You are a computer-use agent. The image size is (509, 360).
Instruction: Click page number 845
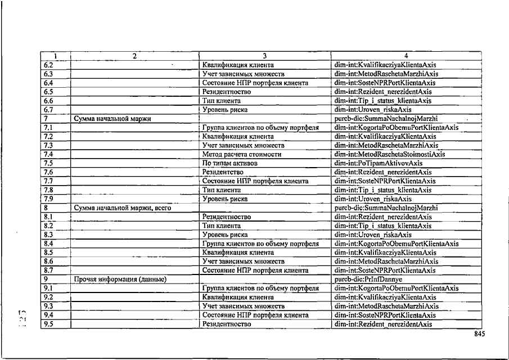[x=479, y=334]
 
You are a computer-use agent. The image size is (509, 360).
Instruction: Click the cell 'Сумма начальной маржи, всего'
[x=123, y=208]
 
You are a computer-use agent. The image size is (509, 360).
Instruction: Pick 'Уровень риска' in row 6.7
[x=225, y=110]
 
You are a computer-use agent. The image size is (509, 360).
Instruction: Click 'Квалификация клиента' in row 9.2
[x=238, y=297]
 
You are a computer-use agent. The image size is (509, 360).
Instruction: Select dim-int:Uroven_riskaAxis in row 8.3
[x=373, y=235]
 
